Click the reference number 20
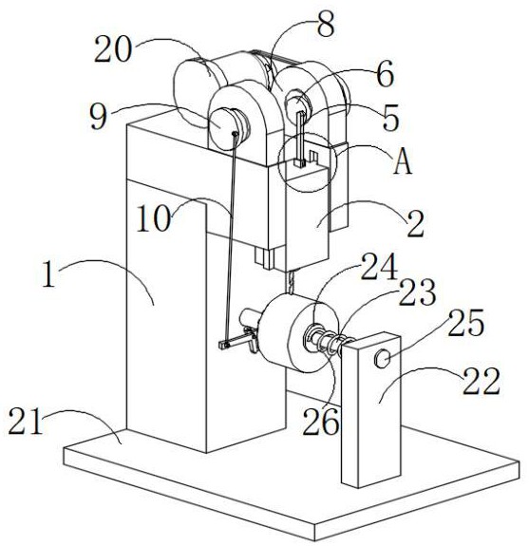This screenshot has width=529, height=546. point(113,49)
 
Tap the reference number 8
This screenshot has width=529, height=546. point(326,24)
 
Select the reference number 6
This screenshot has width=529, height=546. point(386,74)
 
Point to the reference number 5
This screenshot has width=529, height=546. point(389,118)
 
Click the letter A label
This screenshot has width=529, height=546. point(403,160)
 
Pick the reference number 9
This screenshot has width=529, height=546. point(98,117)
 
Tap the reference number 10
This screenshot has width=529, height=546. point(154,218)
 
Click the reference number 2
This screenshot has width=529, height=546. point(416,224)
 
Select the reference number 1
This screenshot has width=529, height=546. point(49,274)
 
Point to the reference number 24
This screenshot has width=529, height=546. point(379,267)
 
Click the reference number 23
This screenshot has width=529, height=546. point(417,292)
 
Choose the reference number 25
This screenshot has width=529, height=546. point(466,323)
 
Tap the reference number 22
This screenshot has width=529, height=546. point(481,381)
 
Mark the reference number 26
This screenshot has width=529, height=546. point(320,422)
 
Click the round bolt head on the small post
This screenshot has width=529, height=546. point(382,358)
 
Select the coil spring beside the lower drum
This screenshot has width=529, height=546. point(331,342)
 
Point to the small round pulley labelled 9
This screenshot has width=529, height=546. point(227,124)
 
